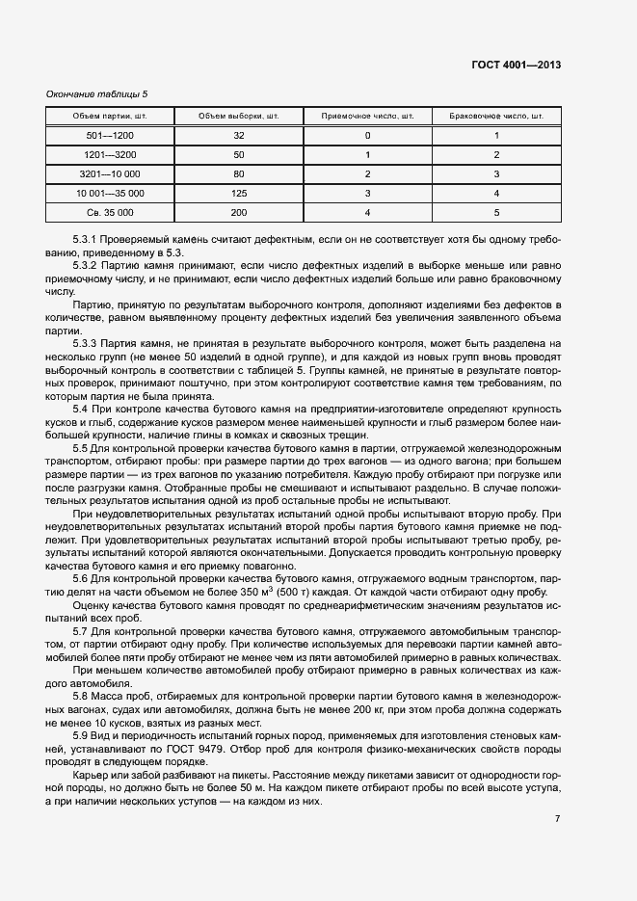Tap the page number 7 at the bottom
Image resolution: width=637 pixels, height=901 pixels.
pyautogui.click(x=558, y=818)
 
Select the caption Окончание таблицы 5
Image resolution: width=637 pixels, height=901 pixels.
pyautogui.click(x=97, y=93)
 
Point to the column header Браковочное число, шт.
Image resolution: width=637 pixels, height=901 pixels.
pyautogui.click(x=496, y=117)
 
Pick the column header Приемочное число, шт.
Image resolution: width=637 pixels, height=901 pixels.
pyautogui.click(x=367, y=117)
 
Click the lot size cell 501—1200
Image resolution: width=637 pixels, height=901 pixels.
pyautogui.click(x=110, y=136)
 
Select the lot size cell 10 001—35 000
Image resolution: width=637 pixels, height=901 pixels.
pyautogui.click(x=110, y=193)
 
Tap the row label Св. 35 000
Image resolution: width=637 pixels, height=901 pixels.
pyautogui.click(x=110, y=211)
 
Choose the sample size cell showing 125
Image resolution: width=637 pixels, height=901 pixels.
pyautogui.click(x=239, y=193)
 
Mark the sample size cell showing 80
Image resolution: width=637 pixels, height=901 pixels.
pyautogui.click(x=239, y=173)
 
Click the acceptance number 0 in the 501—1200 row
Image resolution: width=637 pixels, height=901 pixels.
pyautogui.click(x=367, y=136)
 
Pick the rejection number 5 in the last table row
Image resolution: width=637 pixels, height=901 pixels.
pyautogui.click(x=496, y=211)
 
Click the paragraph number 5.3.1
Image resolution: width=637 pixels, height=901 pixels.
pyautogui.click(x=88, y=238)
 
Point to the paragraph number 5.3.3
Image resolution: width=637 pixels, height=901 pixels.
pyautogui.click(x=88, y=343)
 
